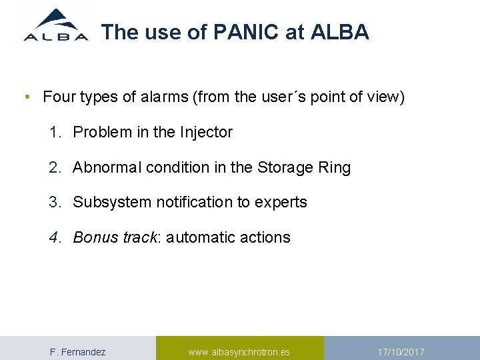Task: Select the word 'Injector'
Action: pyautogui.click(x=206, y=132)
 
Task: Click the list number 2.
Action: pyautogui.click(x=54, y=167)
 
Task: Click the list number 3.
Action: pyautogui.click(x=54, y=202)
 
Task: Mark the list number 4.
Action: pyautogui.click(x=54, y=237)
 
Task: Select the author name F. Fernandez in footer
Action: pyautogui.click(x=78, y=351)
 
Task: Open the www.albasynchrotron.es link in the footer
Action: pyautogui.click(x=239, y=351)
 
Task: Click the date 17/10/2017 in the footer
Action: pyautogui.click(x=401, y=351)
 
